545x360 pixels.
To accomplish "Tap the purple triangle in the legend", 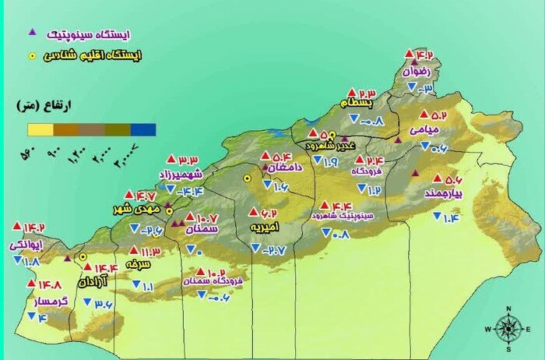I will pos(32,33).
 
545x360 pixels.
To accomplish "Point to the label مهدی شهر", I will pos(146,209).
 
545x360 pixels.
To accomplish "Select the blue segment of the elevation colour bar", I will pos(144,129).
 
